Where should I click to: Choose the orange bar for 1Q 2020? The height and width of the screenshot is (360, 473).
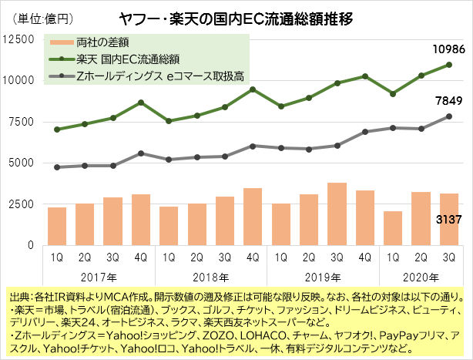(x=393, y=228)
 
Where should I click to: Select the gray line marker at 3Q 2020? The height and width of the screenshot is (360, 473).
(x=449, y=116)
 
